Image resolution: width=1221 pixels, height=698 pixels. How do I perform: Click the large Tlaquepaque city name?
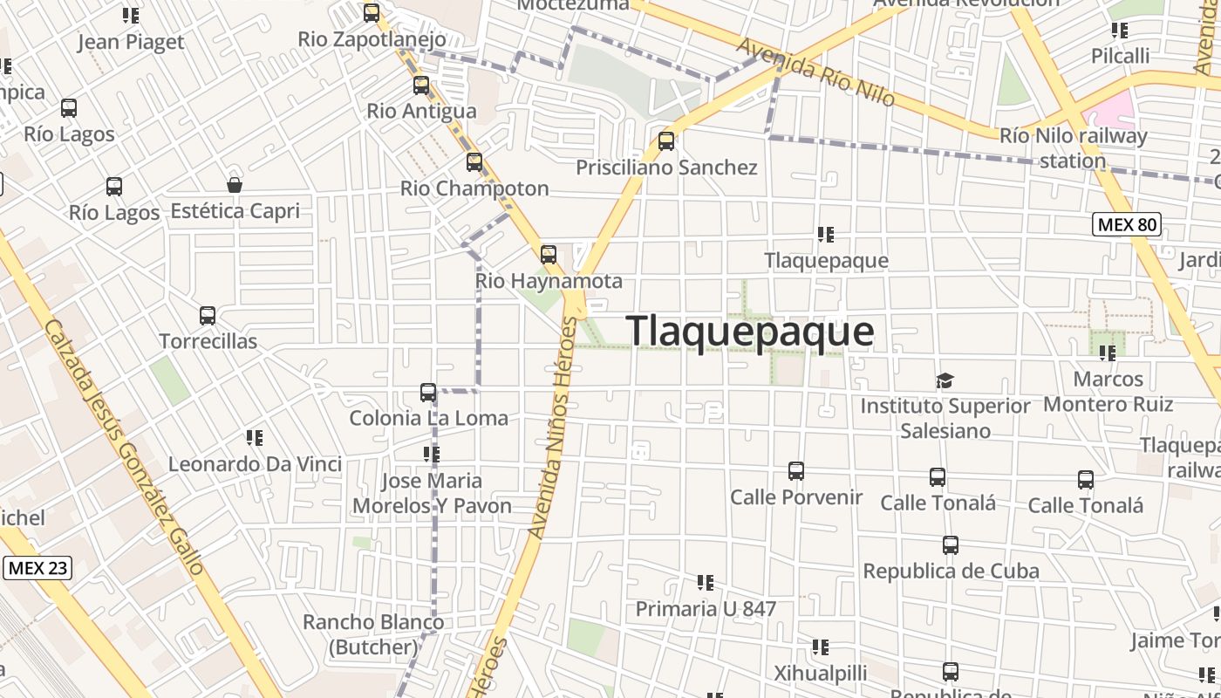(749, 332)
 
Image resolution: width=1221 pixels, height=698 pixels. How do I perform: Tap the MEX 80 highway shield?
(1127, 225)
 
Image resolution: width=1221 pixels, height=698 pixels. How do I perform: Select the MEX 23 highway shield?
(37, 568)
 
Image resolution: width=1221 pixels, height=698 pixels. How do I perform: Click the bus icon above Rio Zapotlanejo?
(372, 13)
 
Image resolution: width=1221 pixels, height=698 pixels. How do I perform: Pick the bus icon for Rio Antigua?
(421, 86)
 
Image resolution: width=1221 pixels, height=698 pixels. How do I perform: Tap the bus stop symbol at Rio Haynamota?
(549, 255)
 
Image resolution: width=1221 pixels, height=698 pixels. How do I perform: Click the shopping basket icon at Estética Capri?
(235, 185)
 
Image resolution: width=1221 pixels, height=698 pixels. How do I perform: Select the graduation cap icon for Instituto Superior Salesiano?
(945, 380)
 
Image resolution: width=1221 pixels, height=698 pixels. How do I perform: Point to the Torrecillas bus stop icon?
(208, 316)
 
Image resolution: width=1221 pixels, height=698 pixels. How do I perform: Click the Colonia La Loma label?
(428, 418)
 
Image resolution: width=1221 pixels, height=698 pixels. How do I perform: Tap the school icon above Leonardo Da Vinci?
(255, 438)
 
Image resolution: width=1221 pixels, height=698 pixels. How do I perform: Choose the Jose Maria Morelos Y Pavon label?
(432, 493)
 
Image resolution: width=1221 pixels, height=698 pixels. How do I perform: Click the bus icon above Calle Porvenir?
(796, 471)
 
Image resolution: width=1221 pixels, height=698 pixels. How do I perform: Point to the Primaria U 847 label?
(706, 608)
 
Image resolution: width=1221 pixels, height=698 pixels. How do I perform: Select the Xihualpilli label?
(821, 673)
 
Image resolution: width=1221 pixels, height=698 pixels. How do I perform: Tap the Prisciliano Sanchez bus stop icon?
(666, 140)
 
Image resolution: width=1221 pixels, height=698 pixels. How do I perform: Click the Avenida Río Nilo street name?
(815, 72)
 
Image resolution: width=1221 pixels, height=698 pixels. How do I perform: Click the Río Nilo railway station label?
(1073, 148)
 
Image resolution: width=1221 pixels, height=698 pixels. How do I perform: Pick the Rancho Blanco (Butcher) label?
(373, 634)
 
